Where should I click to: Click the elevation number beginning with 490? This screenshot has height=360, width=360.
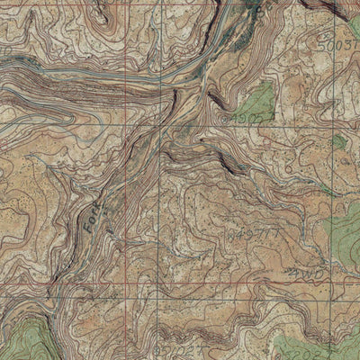coord(241,116)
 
